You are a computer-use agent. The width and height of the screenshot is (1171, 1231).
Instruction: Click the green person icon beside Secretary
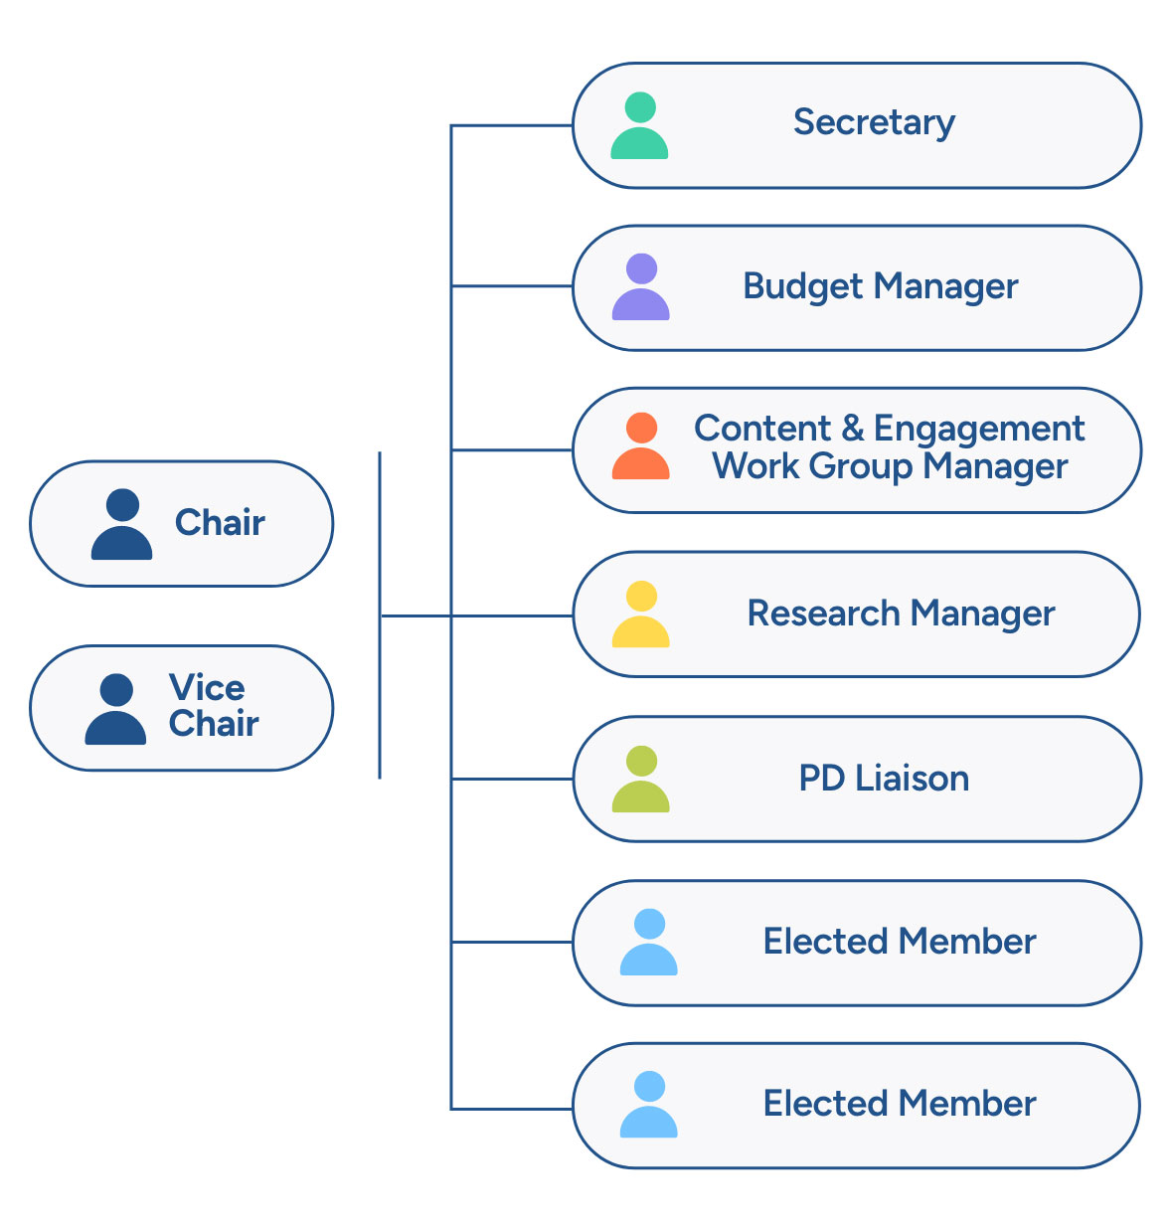click(x=639, y=126)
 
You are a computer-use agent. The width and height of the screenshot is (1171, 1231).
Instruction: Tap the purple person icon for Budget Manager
click(x=641, y=287)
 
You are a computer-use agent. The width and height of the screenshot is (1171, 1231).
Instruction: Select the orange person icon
click(x=641, y=446)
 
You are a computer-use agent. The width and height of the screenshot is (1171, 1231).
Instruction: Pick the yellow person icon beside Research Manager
click(x=641, y=615)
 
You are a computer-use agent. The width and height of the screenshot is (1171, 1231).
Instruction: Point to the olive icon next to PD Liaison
click(x=641, y=780)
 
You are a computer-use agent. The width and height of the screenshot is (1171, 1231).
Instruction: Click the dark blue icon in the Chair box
click(x=121, y=524)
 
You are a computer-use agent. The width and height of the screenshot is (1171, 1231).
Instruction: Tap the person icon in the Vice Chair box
click(x=115, y=709)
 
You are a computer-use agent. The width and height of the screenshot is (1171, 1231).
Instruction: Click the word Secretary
click(x=874, y=122)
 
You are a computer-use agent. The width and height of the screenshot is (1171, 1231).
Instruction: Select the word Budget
click(x=803, y=286)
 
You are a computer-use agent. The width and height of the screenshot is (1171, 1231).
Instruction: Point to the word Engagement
click(x=979, y=429)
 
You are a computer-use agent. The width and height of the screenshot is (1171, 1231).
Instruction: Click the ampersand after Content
click(x=852, y=429)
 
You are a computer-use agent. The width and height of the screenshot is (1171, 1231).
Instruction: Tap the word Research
click(x=823, y=614)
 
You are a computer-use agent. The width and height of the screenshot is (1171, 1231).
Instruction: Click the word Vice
click(x=207, y=687)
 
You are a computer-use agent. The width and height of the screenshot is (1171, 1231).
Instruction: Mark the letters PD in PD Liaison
click(x=821, y=778)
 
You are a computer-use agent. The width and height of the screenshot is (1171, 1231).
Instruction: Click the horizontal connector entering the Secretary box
click(x=512, y=126)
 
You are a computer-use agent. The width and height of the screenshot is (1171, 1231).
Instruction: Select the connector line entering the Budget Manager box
click(x=512, y=286)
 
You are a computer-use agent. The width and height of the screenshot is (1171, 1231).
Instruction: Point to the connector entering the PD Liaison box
click(x=512, y=779)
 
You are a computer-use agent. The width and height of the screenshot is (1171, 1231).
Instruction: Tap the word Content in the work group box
click(x=761, y=429)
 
